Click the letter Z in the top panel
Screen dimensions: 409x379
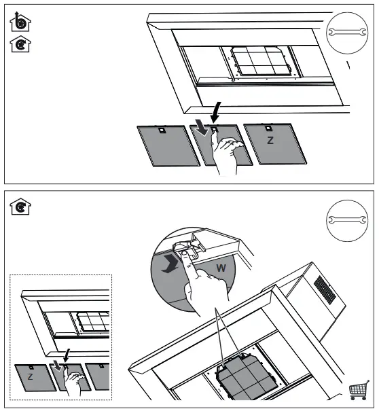coord(270,141)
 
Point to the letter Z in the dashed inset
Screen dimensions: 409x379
coord(30,376)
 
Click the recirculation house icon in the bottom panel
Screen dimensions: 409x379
coord(20,205)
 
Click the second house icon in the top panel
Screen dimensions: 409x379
coord(20,46)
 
